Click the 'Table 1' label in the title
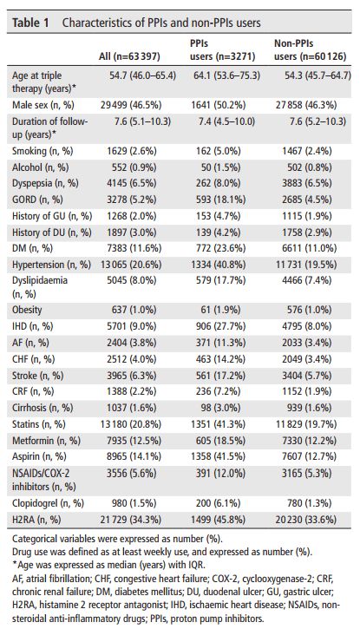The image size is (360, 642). [30, 22]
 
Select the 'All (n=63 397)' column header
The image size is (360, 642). [129, 56]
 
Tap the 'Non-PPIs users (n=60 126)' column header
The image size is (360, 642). [310, 49]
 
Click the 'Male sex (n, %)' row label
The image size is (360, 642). [43, 105]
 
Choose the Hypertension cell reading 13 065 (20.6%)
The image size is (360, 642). [131, 265]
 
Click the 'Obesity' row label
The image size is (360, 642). [27, 310]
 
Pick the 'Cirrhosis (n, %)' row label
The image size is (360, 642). [43, 408]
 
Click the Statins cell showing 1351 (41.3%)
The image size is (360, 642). [219, 424]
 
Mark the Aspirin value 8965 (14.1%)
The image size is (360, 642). [134, 456]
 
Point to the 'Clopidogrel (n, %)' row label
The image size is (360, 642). [45, 503]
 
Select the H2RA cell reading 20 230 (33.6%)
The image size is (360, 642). [306, 520]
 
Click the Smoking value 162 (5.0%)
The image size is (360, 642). [219, 151]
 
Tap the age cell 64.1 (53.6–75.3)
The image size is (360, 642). [225, 75]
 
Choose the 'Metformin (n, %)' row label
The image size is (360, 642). [46, 441]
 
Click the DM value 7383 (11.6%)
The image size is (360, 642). [134, 248]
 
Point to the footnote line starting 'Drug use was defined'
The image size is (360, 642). [162, 552]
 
